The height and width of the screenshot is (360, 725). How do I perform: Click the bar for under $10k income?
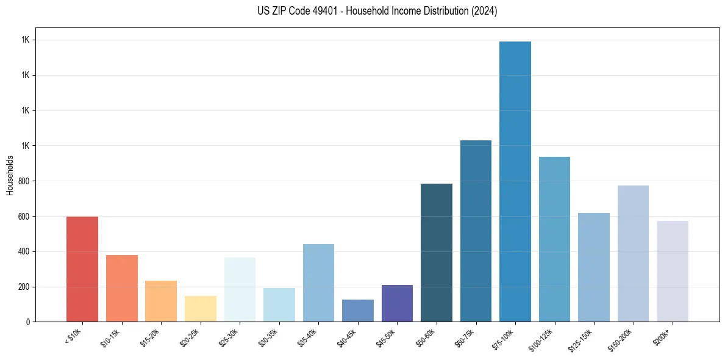[82, 269]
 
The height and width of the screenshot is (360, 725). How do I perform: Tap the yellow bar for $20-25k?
[200, 309]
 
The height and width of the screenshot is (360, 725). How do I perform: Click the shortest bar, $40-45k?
[357, 311]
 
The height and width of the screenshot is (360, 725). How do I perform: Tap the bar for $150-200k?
[633, 253]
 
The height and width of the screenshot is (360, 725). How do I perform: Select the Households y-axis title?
[10, 175]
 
